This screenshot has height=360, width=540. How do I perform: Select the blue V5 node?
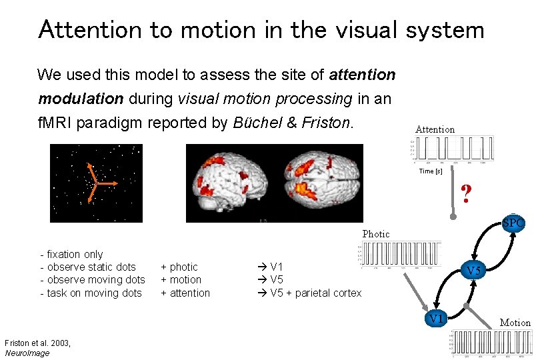[x=473, y=271]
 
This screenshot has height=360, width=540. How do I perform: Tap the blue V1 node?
[x=436, y=319]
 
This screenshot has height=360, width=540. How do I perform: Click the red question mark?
[x=467, y=194]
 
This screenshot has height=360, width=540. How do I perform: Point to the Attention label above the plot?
[x=435, y=129]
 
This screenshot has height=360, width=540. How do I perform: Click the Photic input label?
[x=375, y=234]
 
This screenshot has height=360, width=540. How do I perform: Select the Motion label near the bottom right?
[x=515, y=323]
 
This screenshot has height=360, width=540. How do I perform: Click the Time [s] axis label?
[x=430, y=171]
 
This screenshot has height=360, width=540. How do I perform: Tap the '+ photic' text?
[x=179, y=267]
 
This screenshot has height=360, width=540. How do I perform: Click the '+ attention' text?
[x=185, y=293]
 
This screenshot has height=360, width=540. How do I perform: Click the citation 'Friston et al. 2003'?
[x=37, y=343]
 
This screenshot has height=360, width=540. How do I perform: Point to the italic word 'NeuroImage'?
[x=27, y=353]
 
